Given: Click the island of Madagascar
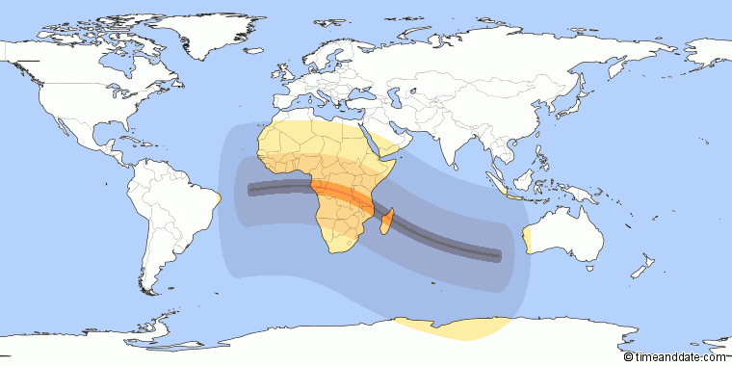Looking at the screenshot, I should tap(387, 224).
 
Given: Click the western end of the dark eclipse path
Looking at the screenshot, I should tap(251, 190).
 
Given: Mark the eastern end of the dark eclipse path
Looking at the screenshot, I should tap(497, 256).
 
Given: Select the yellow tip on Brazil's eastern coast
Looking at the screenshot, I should tap(221, 198).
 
